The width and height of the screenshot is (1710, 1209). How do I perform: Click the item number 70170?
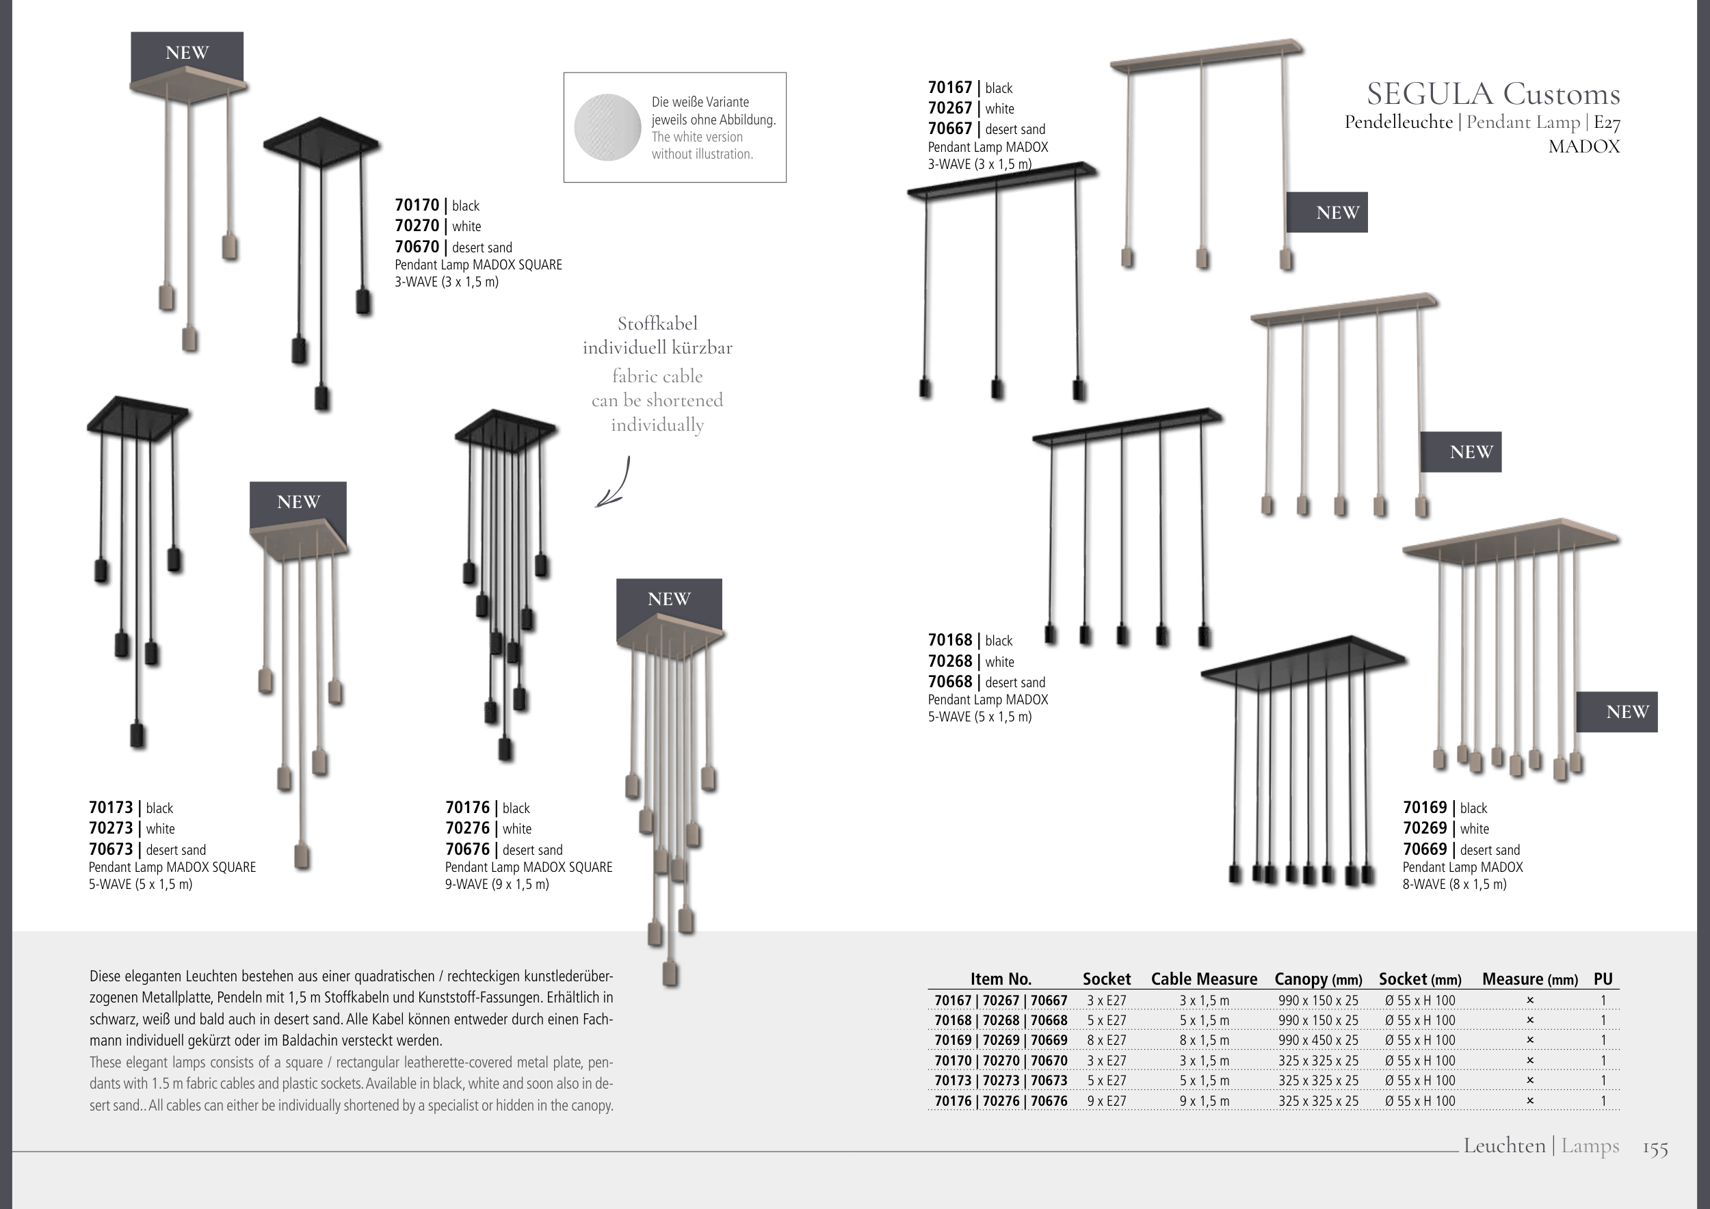pyautogui.click(x=417, y=205)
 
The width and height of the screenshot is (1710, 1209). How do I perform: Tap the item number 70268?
pyautogui.click(x=950, y=661)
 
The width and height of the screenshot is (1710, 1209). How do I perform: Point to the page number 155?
pyautogui.click(x=1655, y=1149)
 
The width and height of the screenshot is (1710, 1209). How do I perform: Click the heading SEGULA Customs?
pyautogui.click(x=1492, y=94)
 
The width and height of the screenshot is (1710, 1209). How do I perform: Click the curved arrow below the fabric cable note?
pyautogui.click(x=614, y=483)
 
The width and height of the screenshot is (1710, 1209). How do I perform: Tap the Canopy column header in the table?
pyautogui.click(x=1317, y=980)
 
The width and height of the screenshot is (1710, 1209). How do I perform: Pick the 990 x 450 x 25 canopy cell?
pyautogui.click(x=1317, y=1041)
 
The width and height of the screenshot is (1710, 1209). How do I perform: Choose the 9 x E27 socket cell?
pyautogui.click(x=1106, y=1101)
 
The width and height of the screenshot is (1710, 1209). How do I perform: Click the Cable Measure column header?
pyautogui.click(x=1204, y=980)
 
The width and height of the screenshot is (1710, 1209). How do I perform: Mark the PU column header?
pyautogui.click(x=1603, y=980)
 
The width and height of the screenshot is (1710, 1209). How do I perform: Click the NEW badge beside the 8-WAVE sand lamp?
pyautogui.click(x=1616, y=713)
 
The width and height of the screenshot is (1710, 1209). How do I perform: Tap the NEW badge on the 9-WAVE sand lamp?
pyautogui.click(x=669, y=599)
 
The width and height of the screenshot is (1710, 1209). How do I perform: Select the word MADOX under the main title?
pyautogui.click(x=1583, y=146)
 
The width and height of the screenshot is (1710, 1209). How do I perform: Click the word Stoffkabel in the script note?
pyautogui.click(x=657, y=324)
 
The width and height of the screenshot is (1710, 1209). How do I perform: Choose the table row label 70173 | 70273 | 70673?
pyautogui.click(x=1000, y=1081)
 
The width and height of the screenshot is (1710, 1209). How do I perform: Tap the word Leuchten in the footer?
pyautogui.click(x=1503, y=1145)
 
